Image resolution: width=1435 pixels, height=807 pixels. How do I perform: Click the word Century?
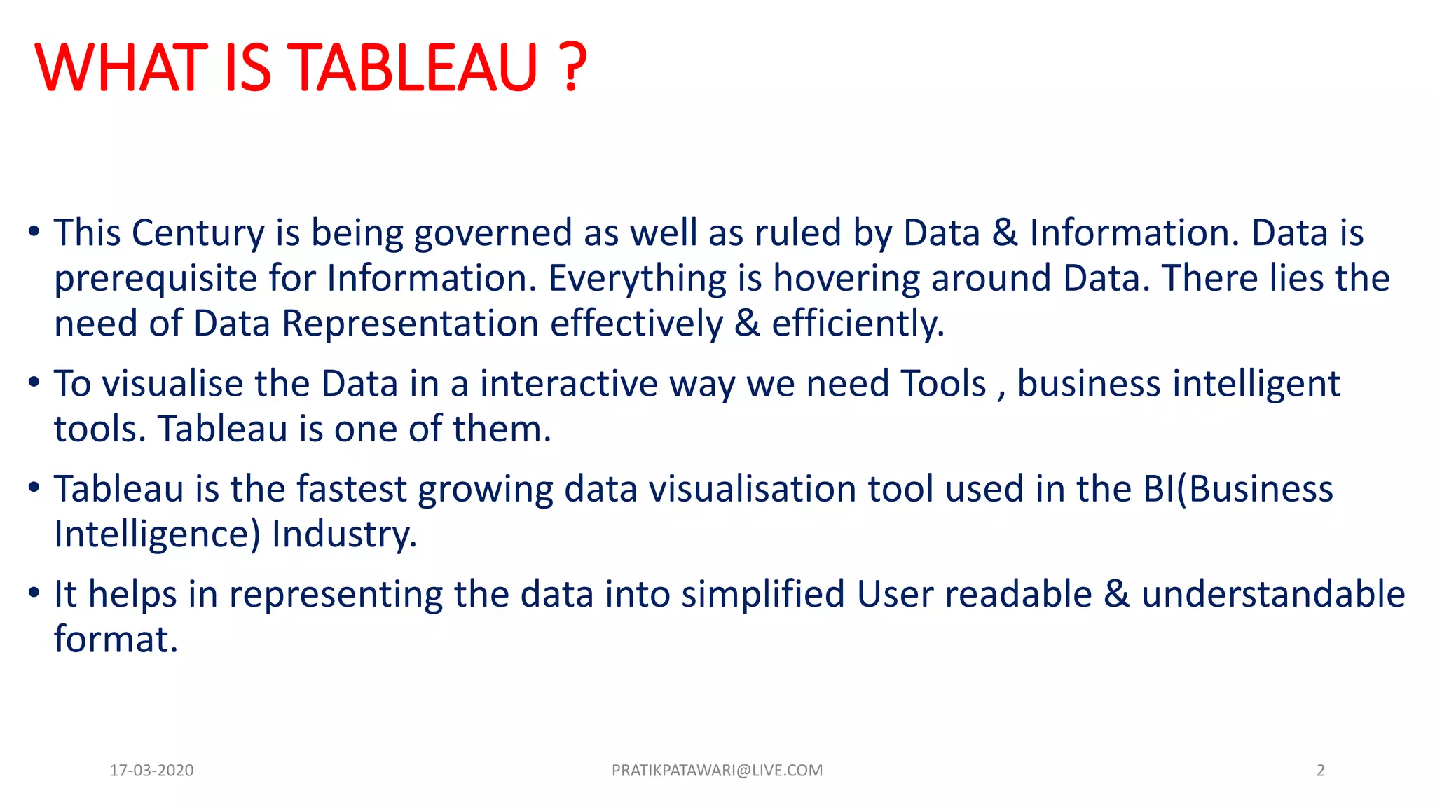[x=198, y=233]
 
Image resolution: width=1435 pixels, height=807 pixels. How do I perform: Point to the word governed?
[x=493, y=233]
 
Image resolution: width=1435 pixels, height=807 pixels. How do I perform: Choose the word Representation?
[x=410, y=324]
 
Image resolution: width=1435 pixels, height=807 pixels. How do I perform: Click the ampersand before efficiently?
[x=747, y=324]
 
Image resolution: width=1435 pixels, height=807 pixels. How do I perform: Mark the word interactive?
[x=569, y=384]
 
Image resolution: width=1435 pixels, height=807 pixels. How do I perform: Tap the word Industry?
[x=344, y=534]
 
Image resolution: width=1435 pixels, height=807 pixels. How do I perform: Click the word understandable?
[x=1272, y=594]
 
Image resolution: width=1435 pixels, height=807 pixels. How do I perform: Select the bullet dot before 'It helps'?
[x=34, y=593]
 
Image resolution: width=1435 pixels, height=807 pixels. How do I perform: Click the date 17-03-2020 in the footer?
[x=151, y=771]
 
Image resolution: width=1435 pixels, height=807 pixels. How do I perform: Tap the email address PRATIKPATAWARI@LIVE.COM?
[x=717, y=771]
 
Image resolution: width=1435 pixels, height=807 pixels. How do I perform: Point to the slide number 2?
[x=1320, y=771]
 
